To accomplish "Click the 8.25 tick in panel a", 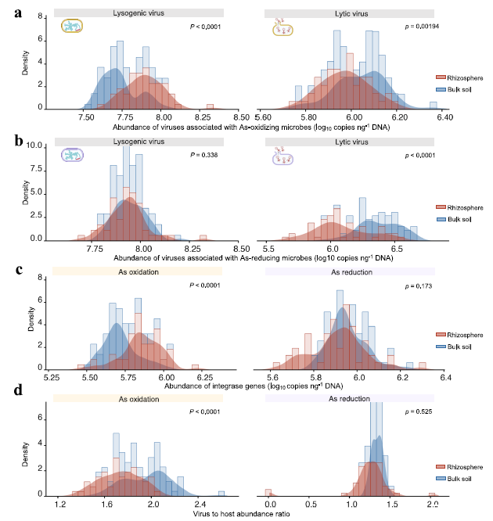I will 207,116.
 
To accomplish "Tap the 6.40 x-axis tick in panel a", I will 444,116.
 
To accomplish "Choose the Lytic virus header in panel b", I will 349,142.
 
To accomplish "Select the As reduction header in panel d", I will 349,399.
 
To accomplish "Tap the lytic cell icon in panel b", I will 282,158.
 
